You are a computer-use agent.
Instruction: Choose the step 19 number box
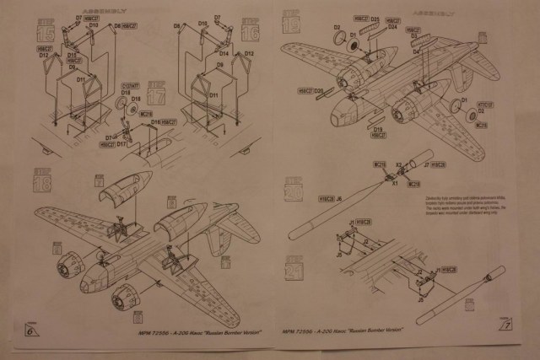tap(292, 20)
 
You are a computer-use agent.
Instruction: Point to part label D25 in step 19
tap(374, 18)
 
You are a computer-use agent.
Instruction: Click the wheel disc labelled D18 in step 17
tap(133, 104)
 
